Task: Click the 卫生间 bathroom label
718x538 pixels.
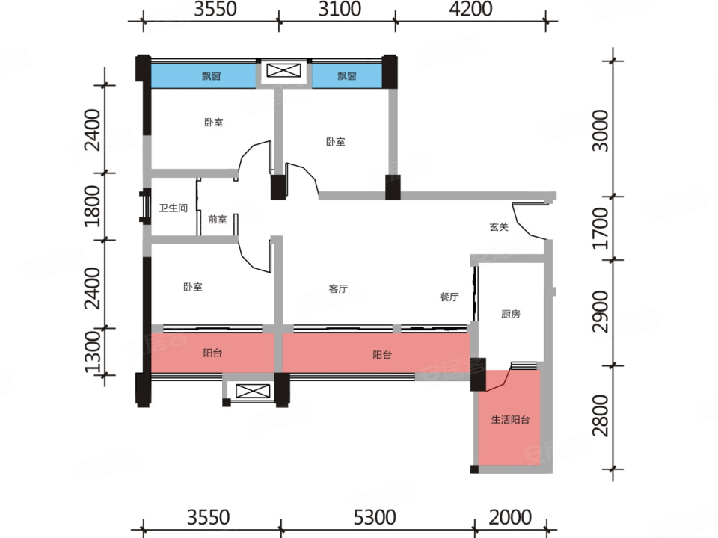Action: pyautogui.click(x=173, y=208)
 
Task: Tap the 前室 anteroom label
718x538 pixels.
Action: pyautogui.click(x=218, y=220)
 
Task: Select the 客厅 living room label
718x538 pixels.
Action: pyautogui.click(x=338, y=288)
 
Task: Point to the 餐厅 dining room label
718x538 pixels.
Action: pyautogui.click(x=449, y=297)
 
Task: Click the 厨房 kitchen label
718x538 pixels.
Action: pyautogui.click(x=511, y=314)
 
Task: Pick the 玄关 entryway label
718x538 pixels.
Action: pyautogui.click(x=499, y=227)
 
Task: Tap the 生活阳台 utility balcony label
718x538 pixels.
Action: pyautogui.click(x=511, y=419)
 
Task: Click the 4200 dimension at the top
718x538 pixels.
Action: pyautogui.click(x=470, y=9)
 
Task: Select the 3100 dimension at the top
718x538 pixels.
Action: pyautogui.click(x=340, y=9)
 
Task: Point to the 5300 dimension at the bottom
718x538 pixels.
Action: pyautogui.click(x=375, y=517)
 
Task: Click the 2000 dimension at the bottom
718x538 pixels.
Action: pyautogui.click(x=510, y=517)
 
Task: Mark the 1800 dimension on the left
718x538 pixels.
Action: pyautogui.click(x=93, y=206)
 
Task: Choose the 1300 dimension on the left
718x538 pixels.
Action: pyautogui.click(x=93, y=351)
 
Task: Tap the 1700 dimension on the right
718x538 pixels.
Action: pyautogui.click(x=601, y=229)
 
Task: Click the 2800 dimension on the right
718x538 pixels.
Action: pyautogui.click(x=601, y=416)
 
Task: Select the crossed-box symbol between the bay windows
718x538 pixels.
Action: pyautogui.click(x=284, y=70)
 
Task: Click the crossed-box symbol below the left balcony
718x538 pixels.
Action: pyautogui.click(x=253, y=391)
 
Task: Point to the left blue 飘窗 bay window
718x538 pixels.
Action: pyautogui.click(x=203, y=75)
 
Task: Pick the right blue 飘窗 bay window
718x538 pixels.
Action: pyautogui.click(x=346, y=75)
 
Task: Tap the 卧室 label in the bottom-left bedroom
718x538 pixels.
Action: pyautogui.click(x=193, y=287)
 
